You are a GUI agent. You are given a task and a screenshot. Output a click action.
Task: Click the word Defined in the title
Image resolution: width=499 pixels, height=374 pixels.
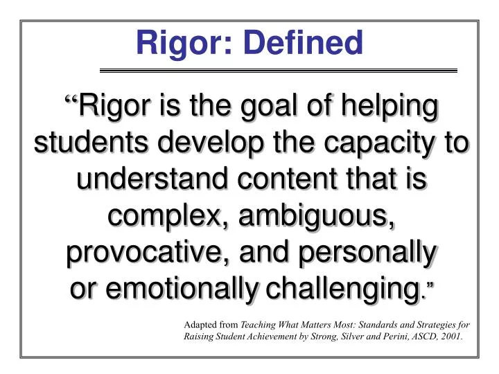309,43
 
